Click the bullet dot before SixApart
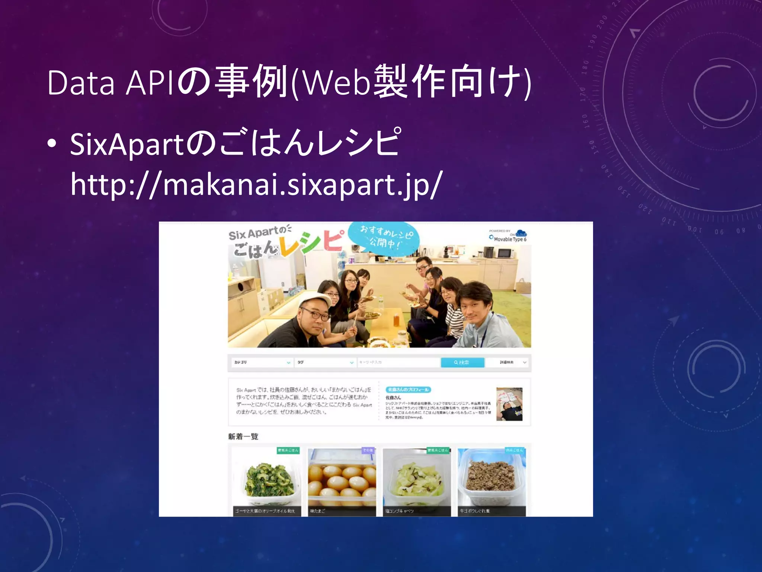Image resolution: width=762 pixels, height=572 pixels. tap(52, 144)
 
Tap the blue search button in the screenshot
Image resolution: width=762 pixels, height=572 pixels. tap(462, 362)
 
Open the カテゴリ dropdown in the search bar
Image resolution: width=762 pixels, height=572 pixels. tap(262, 362)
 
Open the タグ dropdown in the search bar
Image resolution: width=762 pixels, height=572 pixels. tap(325, 362)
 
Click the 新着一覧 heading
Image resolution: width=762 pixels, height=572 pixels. tap(243, 436)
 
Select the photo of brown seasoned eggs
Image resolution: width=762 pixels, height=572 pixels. tap(342, 480)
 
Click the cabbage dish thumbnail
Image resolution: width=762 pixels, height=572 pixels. tap(417, 480)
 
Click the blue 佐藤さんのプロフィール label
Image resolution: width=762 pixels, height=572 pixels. tap(408, 390)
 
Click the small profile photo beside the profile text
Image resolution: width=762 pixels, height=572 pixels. tap(509, 404)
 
